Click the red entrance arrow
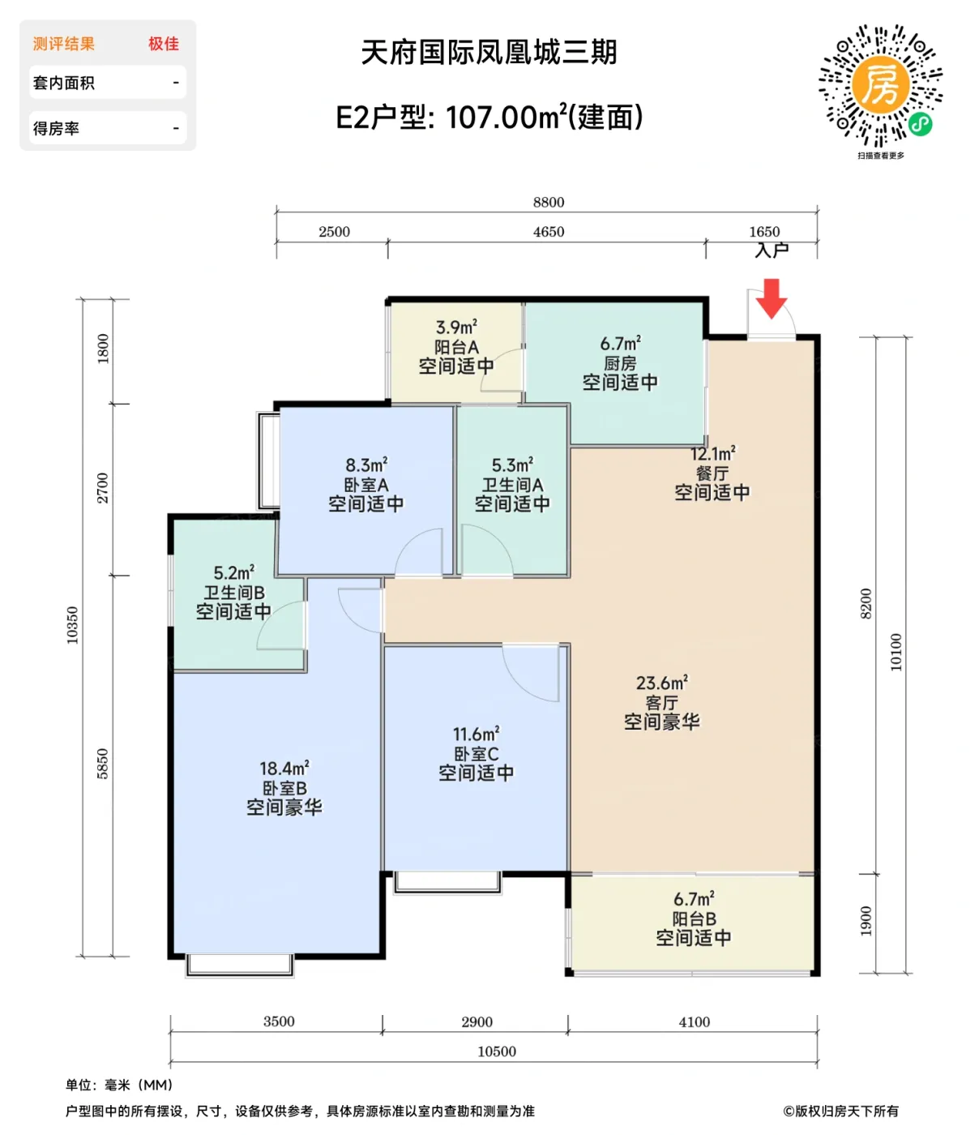(772, 298)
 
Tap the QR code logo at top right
(880, 84)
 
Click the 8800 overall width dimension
(549, 202)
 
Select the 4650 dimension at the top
(549, 232)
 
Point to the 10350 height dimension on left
(73, 625)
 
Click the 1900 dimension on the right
(866, 921)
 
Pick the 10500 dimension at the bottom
(497, 1051)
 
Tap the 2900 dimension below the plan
(477, 1021)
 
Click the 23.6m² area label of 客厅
(661, 683)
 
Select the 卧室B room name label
(284, 788)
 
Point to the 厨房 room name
(620, 363)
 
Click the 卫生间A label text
(512, 485)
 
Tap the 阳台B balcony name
(694, 919)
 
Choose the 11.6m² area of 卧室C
(476, 735)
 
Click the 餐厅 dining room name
(712, 473)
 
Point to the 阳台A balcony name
(456, 347)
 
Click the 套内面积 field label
(63, 83)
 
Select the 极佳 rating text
(164, 44)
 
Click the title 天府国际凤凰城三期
(489, 53)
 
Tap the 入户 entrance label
(772, 250)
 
